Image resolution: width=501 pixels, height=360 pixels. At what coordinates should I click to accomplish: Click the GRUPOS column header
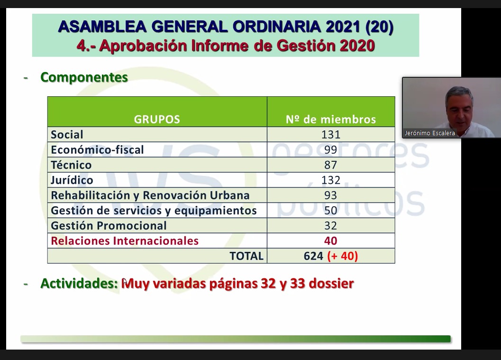pyautogui.click(x=157, y=119)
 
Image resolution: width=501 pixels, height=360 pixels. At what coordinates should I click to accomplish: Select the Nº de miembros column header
pyautogui.click(x=331, y=119)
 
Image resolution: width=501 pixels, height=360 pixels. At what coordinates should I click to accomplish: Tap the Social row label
pyautogui.click(x=67, y=135)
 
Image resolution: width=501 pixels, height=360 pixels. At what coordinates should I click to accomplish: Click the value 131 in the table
pyautogui.click(x=331, y=135)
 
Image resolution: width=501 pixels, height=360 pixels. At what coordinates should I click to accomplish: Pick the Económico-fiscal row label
pyautogui.click(x=98, y=149)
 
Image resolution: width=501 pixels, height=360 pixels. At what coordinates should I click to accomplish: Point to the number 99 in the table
pyautogui.click(x=331, y=149)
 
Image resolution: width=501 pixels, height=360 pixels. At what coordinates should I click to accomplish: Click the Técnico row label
pyautogui.click(x=71, y=165)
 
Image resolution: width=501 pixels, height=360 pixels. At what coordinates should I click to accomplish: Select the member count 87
pyautogui.click(x=331, y=165)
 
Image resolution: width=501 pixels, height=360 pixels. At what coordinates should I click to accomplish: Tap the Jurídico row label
pyautogui.click(x=72, y=180)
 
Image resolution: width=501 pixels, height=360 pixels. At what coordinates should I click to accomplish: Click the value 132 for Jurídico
pyautogui.click(x=331, y=180)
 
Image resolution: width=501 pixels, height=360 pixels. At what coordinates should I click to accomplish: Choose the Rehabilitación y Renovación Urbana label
pyautogui.click(x=150, y=195)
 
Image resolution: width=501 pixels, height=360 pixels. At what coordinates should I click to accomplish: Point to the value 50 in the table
pyautogui.click(x=331, y=211)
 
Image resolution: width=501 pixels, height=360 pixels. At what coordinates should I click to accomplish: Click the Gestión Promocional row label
pyautogui.click(x=109, y=226)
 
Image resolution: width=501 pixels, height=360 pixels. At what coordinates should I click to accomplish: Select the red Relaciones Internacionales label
pyautogui.click(x=125, y=241)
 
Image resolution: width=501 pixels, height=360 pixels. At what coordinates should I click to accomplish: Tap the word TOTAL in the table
pyautogui.click(x=246, y=256)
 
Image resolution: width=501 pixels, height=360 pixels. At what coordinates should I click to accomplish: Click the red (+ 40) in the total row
pyautogui.click(x=343, y=256)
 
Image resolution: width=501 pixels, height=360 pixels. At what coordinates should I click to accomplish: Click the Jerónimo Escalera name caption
pyautogui.click(x=430, y=133)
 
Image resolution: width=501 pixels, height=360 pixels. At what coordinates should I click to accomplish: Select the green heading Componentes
pyautogui.click(x=84, y=77)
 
